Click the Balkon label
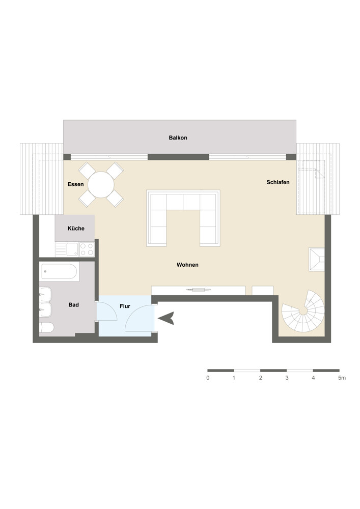(x=178, y=137)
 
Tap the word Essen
(x=76, y=184)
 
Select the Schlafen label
(x=278, y=182)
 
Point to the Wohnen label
(x=187, y=265)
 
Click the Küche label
(x=76, y=229)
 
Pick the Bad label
(x=74, y=305)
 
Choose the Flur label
(x=125, y=306)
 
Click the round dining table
(x=101, y=185)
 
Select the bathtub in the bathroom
(x=60, y=272)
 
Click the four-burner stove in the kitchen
(x=87, y=249)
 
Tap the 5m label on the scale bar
(x=342, y=378)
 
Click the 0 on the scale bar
(x=208, y=378)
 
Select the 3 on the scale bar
(x=287, y=378)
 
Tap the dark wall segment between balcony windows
(x=178, y=157)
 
